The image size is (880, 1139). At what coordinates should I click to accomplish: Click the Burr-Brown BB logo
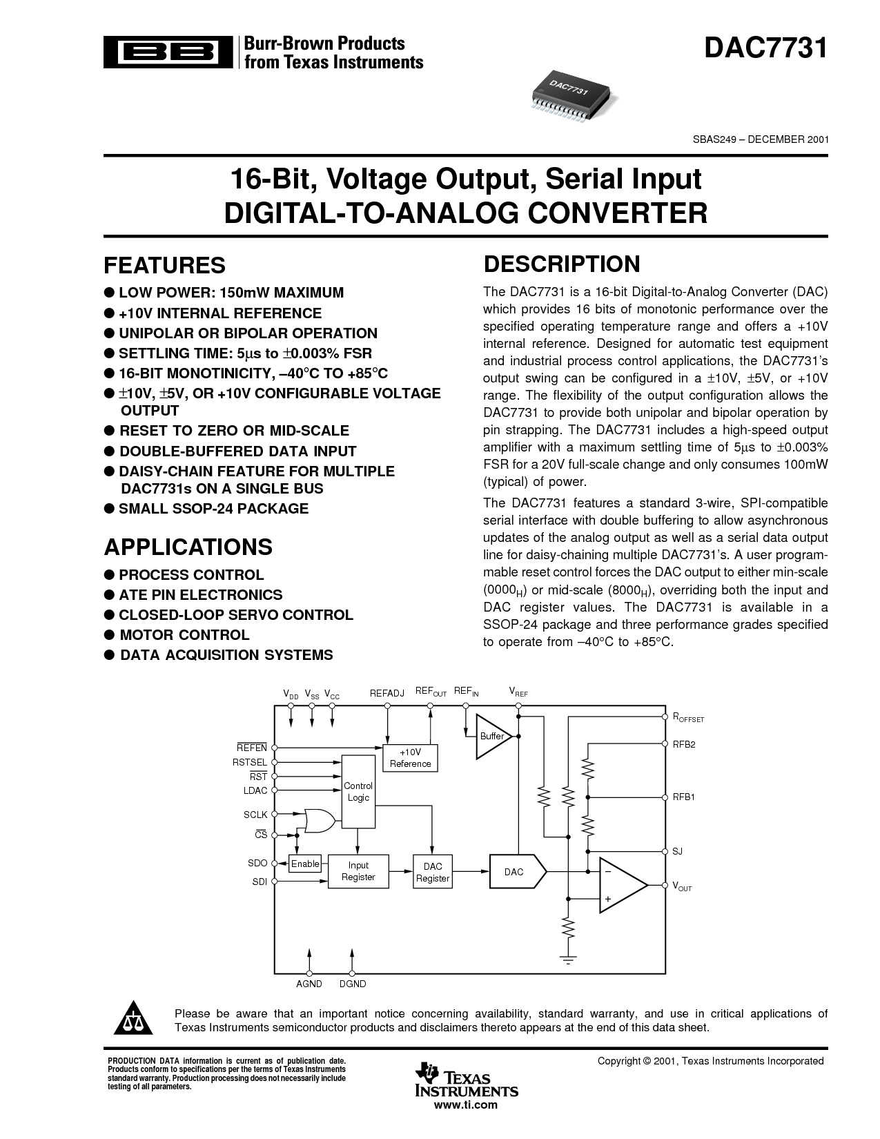(x=168, y=53)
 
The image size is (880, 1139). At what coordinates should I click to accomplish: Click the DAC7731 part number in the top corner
(x=765, y=49)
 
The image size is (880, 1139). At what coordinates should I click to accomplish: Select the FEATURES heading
(x=164, y=265)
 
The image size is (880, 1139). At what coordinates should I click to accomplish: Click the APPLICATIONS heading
(x=188, y=547)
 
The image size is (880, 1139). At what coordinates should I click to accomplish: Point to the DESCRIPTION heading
(x=562, y=264)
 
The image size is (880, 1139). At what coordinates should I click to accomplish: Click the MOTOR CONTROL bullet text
(x=184, y=635)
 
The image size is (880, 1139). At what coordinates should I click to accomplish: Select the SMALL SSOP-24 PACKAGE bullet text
(x=213, y=509)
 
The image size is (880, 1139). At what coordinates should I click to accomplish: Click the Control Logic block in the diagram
(x=358, y=791)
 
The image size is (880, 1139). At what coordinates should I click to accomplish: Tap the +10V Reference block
(x=410, y=757)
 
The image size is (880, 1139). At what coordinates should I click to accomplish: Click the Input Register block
(x=358, y=871)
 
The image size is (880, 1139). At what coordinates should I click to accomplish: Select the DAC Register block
(x=433, y=873)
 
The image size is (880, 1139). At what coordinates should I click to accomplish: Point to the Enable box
(x=305, y=864)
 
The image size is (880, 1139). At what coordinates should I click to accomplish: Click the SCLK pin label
(x=255, y=815)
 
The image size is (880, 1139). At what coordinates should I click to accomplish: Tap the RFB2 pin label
(x=683, y=744)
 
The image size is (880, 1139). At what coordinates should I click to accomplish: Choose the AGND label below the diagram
(x=309, y=984)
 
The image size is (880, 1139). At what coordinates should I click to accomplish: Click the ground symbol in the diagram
(x=567, y=958)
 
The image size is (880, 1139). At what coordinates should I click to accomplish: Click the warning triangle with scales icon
(x=135, y=1020)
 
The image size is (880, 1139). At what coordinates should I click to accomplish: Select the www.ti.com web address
(x=467, y=1104)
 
